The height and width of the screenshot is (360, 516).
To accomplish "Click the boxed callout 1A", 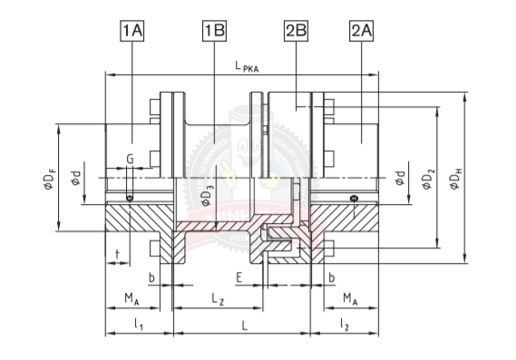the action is (x=132, y=31).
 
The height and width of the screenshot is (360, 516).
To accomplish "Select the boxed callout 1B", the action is (x=214, y=31).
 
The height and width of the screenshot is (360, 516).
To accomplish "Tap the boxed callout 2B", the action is (x=296, y=31).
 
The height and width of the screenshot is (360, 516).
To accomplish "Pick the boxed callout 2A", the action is (x=361, y=31).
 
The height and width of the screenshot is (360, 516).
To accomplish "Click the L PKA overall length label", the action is (x=247, y=66).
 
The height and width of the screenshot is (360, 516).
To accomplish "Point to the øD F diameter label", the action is (x=49, y=179).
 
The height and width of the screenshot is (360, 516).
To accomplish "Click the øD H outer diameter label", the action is (x=456, y=179).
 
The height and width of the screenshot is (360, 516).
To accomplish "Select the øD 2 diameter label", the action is (x=428, y=179).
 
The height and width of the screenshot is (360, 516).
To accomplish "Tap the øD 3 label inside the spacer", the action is (x=208, y=195).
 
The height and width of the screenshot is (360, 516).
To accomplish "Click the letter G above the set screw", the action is (x=131, y=160).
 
